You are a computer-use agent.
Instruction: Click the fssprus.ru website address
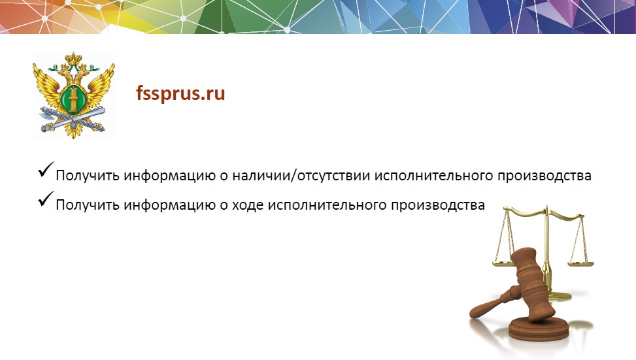click(180, 94)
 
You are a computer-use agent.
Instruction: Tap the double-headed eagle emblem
click(73, 95)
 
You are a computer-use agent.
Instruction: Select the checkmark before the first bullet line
click(46, 169)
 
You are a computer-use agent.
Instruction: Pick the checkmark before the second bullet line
click(46, 199)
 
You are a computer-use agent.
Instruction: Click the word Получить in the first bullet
click(88, 176)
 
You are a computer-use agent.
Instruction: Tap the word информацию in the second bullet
click(169, 205)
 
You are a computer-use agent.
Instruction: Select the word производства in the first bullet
click(544, 176)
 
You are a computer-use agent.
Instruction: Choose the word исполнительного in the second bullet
click(327, 205)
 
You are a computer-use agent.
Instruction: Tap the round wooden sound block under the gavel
click(539, 328)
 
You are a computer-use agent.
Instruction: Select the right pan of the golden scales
click(580, 264)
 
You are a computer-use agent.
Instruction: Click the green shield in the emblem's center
click(73, 99)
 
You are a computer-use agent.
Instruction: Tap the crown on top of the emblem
click(73, 58)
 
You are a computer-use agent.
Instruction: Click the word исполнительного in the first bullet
click(433, 176)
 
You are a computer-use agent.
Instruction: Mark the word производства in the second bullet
click(438, 205)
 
